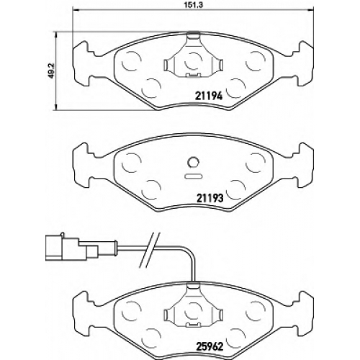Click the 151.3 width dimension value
coord(193,5)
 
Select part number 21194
coord(209,96)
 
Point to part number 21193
coord(209,198)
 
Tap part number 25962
coord(209,346)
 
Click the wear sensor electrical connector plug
coord(72,247)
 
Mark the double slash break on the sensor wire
coord(150,250)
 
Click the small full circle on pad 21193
coord(193,163)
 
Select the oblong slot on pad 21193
coord(193,176)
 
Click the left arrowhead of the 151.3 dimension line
coord(75,10)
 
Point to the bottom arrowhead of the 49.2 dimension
coord(56,107)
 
